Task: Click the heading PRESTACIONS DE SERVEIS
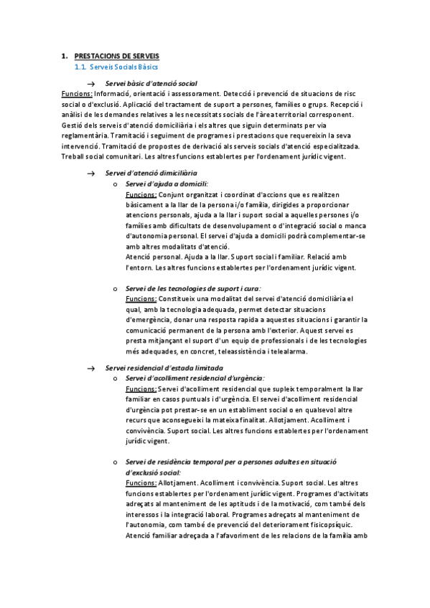point(117,56)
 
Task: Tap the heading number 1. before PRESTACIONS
point(64,56)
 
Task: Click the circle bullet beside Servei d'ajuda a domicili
point(116,184)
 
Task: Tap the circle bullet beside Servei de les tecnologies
point(116,288)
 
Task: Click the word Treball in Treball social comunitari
point(74,156)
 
